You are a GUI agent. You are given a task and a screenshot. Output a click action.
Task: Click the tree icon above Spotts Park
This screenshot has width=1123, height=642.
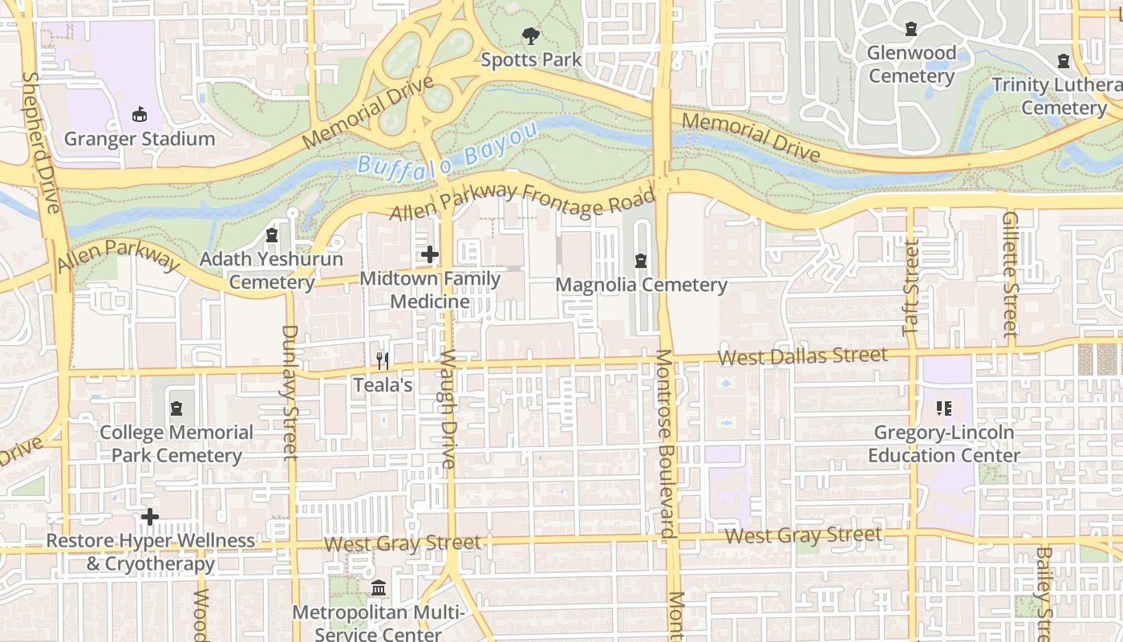click(530, 36)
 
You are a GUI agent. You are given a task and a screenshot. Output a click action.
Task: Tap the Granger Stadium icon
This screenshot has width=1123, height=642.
click(140, 115)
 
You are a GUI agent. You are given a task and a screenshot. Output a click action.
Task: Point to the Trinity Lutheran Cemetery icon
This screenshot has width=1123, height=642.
click(1064, 61)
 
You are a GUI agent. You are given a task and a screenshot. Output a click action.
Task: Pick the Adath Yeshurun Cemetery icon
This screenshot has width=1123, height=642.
click(271, 236)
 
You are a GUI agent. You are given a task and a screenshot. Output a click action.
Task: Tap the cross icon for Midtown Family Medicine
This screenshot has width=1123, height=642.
click(430, 255)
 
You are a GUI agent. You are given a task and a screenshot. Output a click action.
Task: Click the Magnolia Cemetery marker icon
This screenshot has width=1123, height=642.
click(640, 261)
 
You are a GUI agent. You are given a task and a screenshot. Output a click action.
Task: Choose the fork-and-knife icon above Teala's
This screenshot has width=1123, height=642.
click(383, 361)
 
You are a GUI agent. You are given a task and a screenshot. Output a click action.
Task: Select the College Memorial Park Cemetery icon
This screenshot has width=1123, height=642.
click(176, 409)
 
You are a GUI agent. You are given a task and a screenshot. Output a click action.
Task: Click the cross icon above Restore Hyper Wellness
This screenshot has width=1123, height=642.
click(149, 518)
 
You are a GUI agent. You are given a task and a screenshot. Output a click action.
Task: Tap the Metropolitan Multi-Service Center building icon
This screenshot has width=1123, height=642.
click(378, 589)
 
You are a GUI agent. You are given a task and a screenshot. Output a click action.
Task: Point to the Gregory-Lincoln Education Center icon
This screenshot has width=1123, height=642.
click(943, 408)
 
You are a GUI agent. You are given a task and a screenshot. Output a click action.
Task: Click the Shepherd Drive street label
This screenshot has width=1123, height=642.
click(42, 143)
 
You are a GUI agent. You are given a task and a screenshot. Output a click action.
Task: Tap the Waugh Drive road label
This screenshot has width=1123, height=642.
click(448, 409)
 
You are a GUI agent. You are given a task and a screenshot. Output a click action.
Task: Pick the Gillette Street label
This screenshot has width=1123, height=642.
click(1010, 273)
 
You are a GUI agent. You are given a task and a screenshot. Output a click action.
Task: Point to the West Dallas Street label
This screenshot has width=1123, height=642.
click(802, 356)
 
